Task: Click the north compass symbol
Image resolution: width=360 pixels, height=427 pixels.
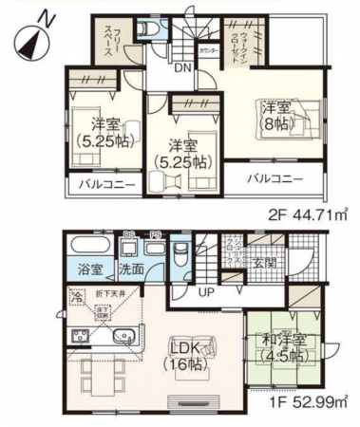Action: [x=30, y=35]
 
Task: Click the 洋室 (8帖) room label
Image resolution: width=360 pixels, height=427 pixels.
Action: [x=276, y=117]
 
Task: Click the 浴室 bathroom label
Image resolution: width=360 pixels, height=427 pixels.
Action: [x=86, y=269]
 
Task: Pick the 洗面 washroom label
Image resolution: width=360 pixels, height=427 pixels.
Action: [x=131, y=269]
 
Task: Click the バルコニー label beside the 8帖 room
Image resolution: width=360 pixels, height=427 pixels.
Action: [x=275, y=178]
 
